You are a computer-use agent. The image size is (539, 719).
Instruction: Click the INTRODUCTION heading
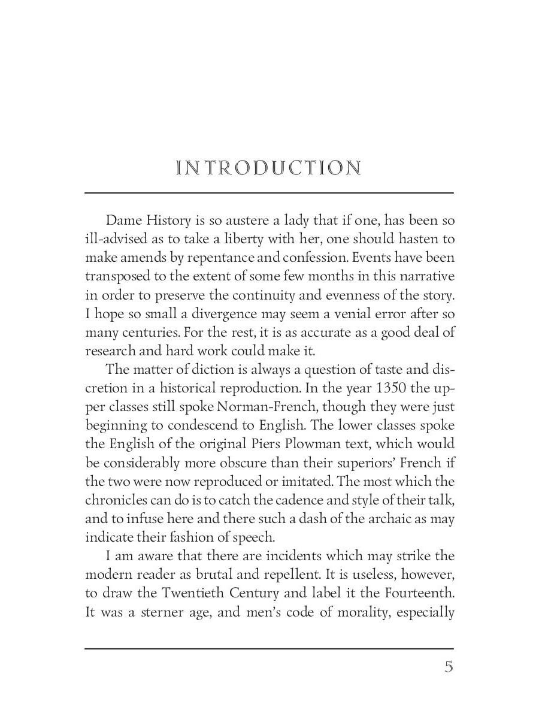pos(269,168)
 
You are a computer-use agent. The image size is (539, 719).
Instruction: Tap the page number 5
pos(449,667)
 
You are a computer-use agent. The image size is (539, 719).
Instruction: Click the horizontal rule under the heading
pos(269,193)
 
